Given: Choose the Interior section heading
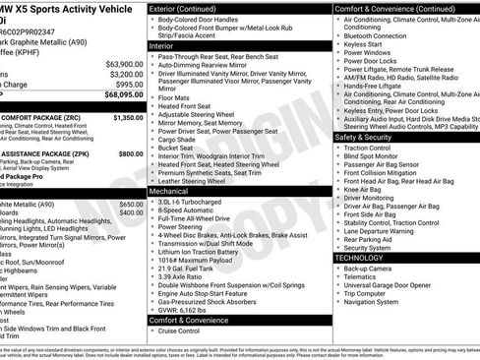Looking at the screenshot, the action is point(161,46).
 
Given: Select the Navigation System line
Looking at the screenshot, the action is point(378,303).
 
